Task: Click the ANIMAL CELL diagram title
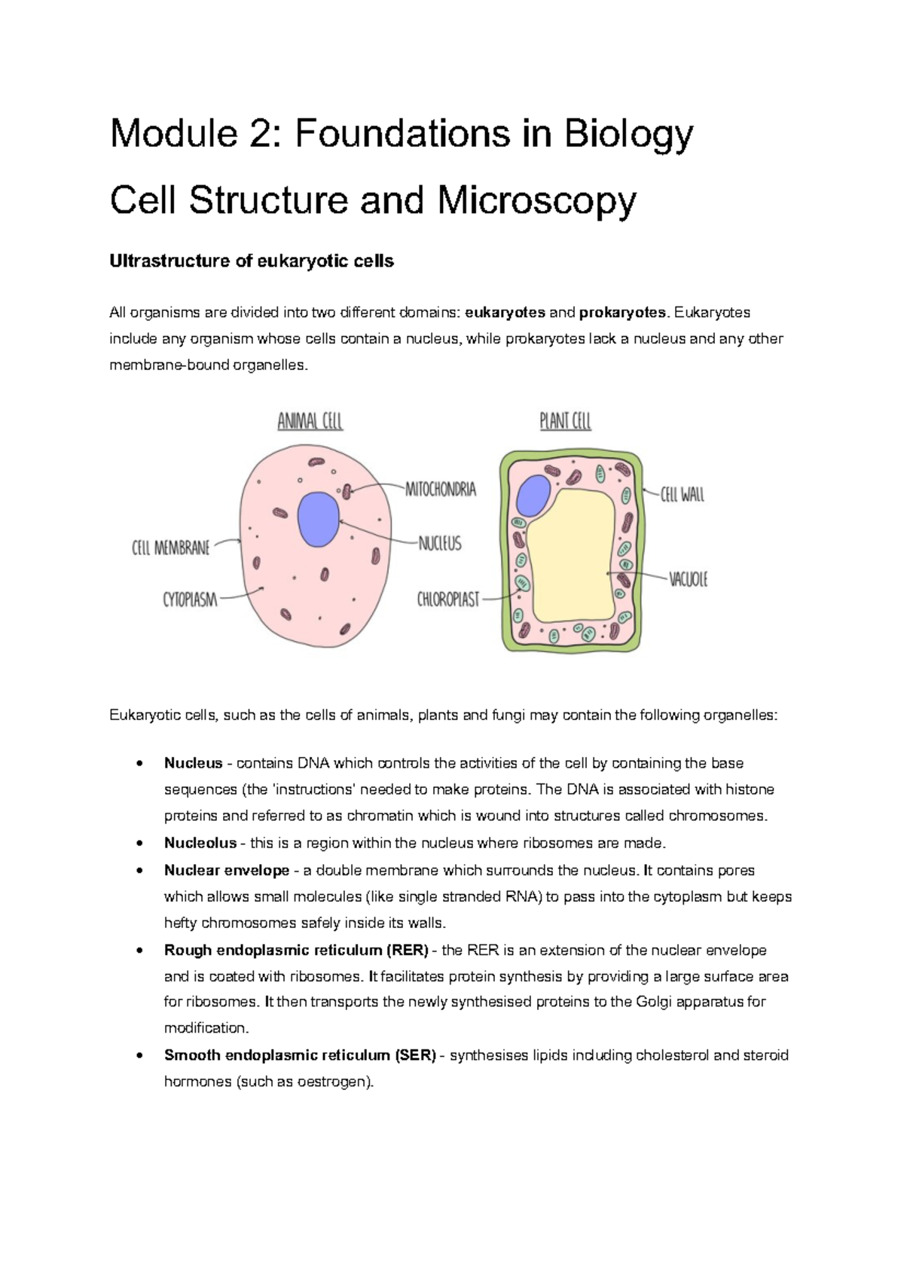coord(310,421)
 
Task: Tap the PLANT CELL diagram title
coord(565,421)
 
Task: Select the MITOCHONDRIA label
coord(441,490)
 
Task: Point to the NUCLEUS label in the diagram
coord(440,543)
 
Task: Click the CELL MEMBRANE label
coord(171,548)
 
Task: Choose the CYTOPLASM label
coord(190,600)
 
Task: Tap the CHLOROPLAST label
coord(448,600)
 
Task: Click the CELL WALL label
coord(682,495)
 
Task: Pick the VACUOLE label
coord(688,579)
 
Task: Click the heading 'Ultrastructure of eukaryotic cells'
coord(252,261)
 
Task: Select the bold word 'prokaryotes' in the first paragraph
coord(621,313)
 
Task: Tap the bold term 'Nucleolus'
coord(200,843)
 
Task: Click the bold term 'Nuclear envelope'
coord(227,870)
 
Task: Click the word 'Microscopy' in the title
coord(536,201)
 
